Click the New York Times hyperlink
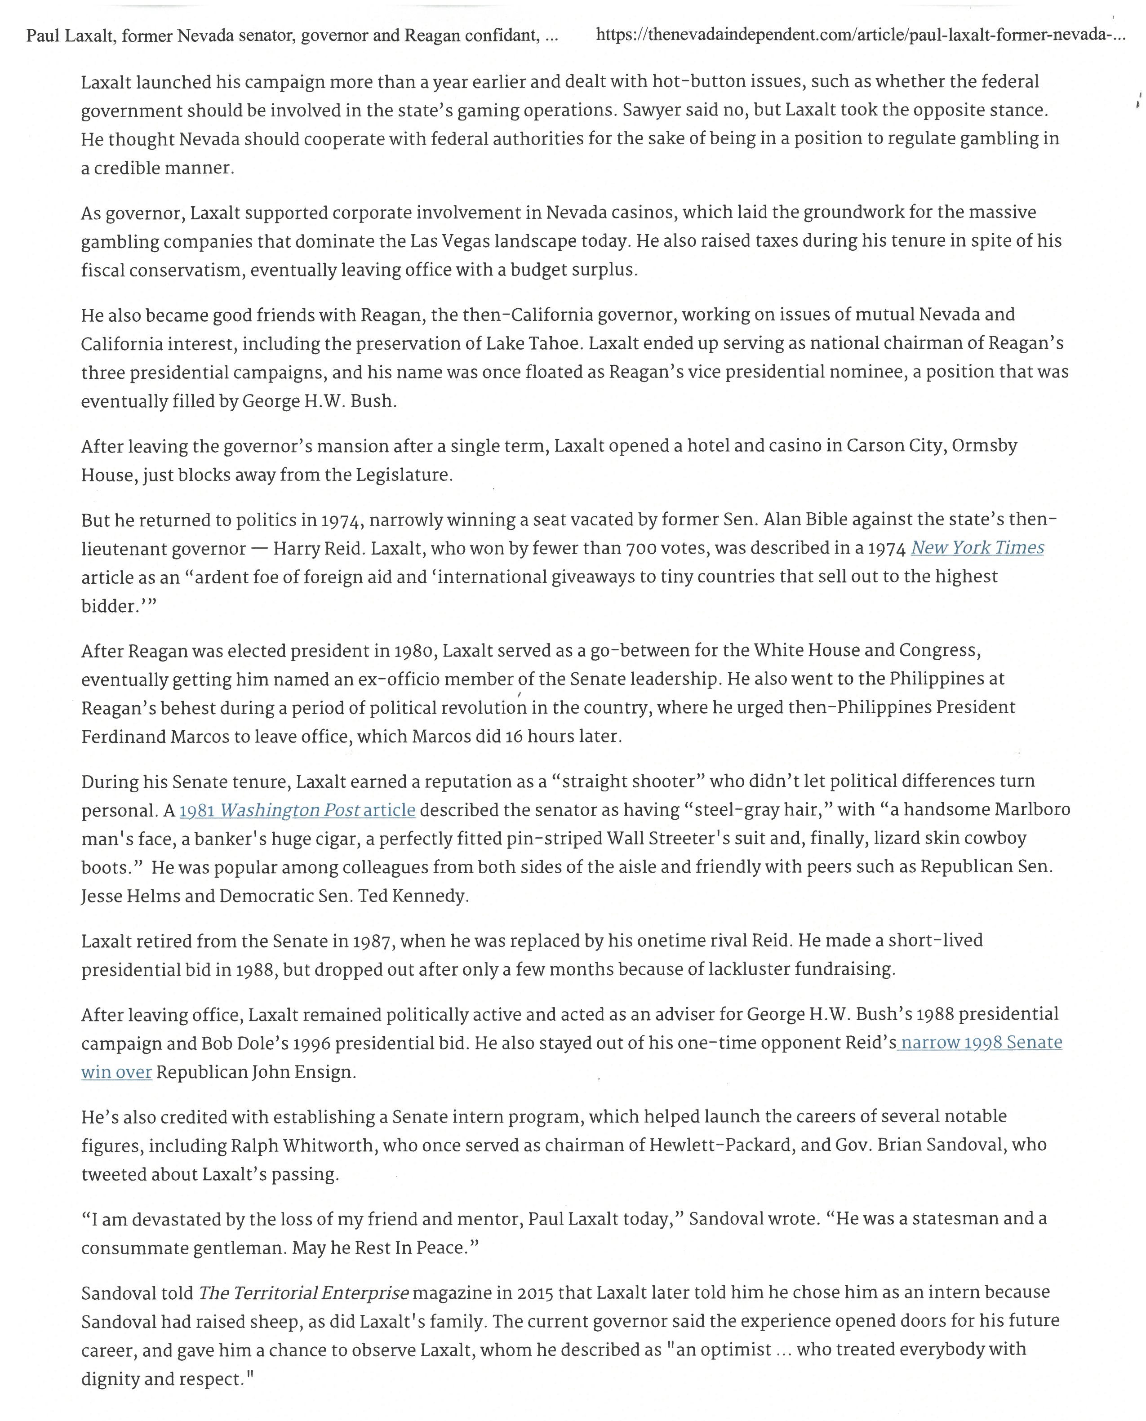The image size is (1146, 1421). point(977,548)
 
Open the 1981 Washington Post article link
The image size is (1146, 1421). point(297,810)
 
